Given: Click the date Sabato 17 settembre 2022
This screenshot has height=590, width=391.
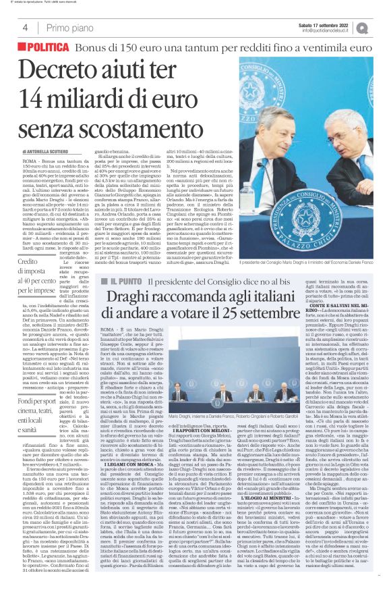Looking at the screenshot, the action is point(315,25).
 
